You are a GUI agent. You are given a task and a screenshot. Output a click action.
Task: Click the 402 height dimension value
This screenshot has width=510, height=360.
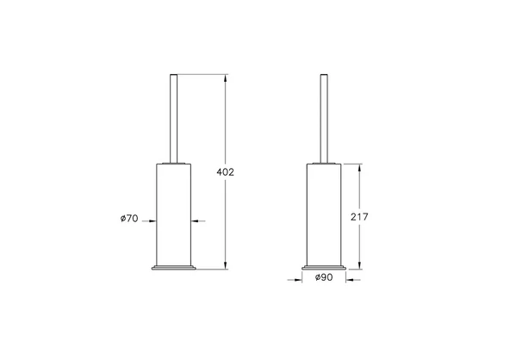pos(224,172)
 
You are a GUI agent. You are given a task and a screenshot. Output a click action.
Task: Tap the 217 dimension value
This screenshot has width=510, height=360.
pos(359,217)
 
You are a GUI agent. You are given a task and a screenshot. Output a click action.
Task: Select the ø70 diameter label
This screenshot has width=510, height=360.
pos(129,220)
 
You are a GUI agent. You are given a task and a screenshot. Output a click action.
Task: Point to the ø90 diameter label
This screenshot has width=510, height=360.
pos(324,277)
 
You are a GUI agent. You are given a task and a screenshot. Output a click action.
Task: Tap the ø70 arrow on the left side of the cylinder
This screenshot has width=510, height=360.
pos(149,220)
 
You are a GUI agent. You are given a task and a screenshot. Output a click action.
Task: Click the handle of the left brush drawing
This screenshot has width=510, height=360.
pos(173,117)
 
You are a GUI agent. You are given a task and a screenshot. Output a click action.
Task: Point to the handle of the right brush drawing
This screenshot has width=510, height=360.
pos(324,117)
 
